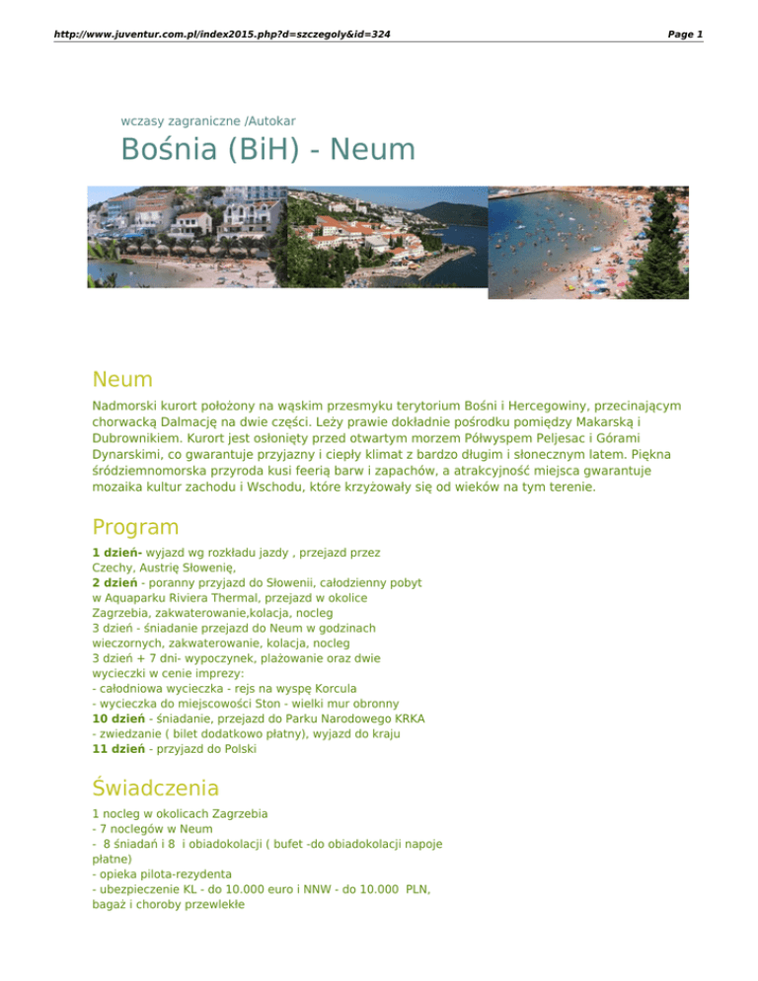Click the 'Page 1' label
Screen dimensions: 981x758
pos(685,35)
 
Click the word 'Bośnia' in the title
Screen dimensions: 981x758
pos(167,152)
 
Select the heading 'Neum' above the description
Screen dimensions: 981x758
pos(122,379)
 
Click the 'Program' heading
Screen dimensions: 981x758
pos(138,526)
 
